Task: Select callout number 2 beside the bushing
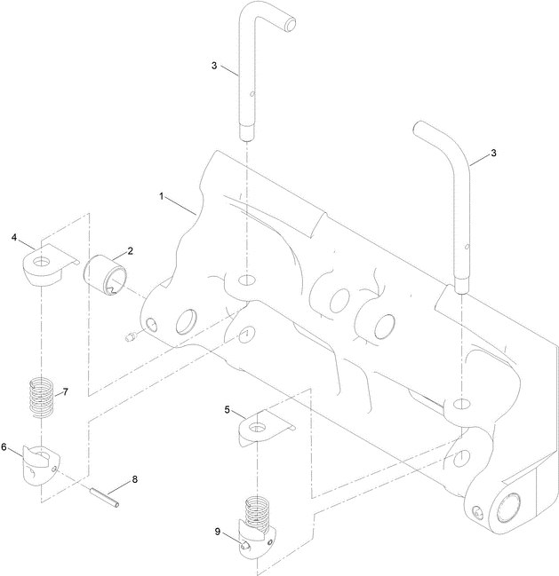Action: tap(131, 251)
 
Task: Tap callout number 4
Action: tap(15, 237)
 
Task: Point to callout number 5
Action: tap(228, 410)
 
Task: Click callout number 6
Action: tap(5, 447)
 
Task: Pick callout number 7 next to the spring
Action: tap(64, 391)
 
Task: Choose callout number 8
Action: tap(135, 479)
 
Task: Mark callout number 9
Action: tap(216, 531)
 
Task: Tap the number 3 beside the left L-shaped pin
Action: tap(214, 66)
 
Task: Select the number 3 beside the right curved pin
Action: tap(494, 153)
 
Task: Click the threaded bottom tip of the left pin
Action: tap(246, 134)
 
